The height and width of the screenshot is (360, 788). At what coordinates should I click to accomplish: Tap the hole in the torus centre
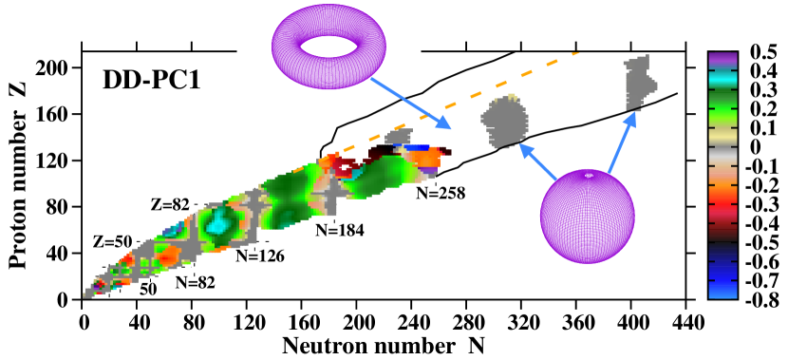tap(328, 46)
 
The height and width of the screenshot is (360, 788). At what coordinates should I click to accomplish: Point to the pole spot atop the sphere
tap(589, 175)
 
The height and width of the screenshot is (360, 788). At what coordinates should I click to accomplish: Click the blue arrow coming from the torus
tap(410, 104)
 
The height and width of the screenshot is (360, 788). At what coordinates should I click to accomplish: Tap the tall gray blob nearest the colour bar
tap(638, 84)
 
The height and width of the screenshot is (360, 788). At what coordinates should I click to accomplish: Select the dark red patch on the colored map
tap(344, 168)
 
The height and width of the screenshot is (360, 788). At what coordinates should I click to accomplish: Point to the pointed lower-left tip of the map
tap(86, 294)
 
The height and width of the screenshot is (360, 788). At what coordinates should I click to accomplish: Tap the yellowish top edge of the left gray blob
tap(512, 98)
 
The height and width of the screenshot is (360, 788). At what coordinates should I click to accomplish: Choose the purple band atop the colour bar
tap(722, 60)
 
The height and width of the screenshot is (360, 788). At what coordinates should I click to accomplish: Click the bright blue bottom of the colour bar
tap(722, 290)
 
